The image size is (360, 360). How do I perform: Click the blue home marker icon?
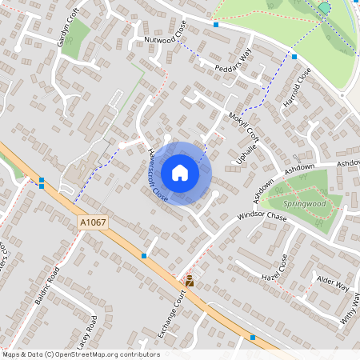point(180,173)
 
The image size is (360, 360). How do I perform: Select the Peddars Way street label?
point(233,58)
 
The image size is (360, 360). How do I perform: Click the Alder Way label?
point(333,283)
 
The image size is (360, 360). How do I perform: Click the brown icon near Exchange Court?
point(190,281)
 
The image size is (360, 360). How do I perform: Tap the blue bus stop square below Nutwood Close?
point(215,25)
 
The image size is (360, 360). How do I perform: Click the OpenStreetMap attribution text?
point(81,354)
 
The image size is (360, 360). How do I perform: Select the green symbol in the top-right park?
point(324,7)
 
